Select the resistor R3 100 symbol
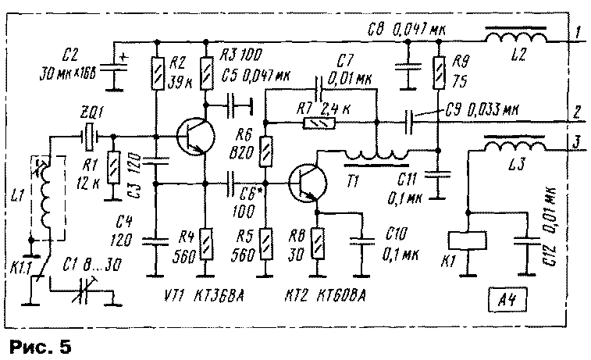207,75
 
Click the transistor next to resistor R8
305,184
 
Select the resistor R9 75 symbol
437,72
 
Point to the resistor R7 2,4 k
316,123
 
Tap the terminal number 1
576,34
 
